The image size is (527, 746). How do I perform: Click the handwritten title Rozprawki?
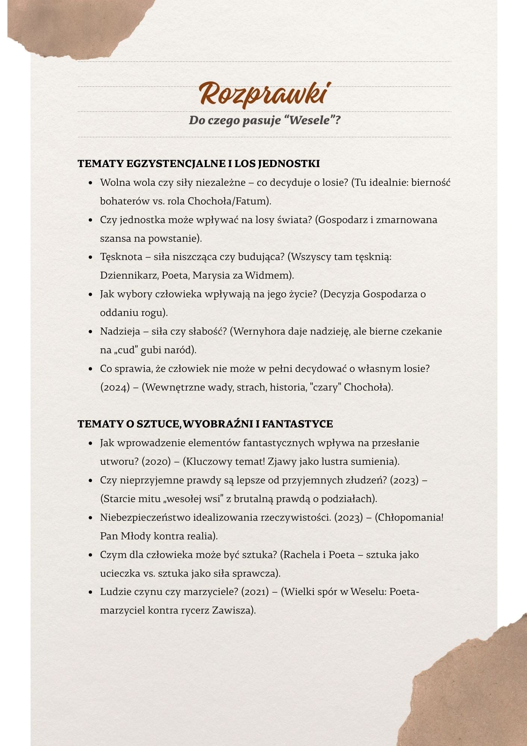(x=264, y=93)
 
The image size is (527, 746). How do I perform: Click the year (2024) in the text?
(x=115, y=387)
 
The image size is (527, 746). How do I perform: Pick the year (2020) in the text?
(x=156, y=461)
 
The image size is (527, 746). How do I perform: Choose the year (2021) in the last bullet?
(x=255, y=592)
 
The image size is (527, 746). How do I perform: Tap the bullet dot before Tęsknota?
(x=91, y=257)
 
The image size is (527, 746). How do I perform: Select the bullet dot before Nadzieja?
(x=91, y=332)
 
